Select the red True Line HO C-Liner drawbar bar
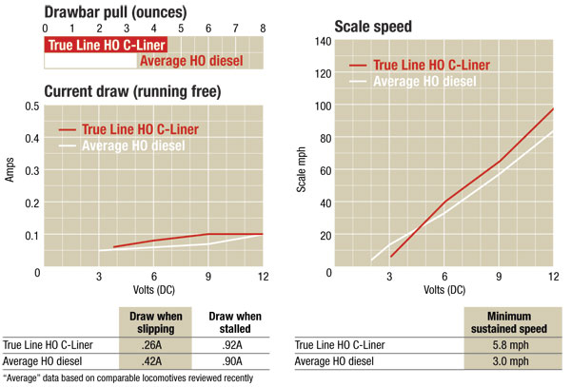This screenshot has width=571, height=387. click(106, 45)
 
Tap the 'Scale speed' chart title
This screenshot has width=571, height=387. click(372, 27)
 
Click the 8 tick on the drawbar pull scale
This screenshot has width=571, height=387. click(262, 29)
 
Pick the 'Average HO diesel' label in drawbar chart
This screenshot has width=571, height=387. click(190, 62)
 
